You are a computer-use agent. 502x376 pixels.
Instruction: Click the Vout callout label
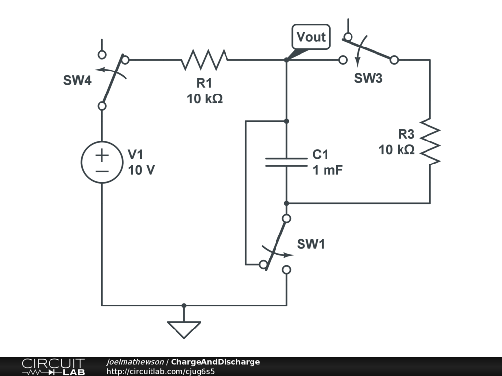[x=311, y=37]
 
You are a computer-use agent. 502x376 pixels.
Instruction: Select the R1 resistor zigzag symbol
[x=204, y=59]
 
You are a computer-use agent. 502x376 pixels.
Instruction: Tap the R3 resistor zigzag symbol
[x=430, y=141]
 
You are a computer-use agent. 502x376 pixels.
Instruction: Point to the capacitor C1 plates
[x=286, y=163]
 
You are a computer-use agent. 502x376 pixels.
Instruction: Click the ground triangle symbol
[x=184, y=329]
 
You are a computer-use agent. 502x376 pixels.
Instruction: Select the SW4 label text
[x=77, y=80]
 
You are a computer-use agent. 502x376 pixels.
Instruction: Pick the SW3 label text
[x=368, y=78]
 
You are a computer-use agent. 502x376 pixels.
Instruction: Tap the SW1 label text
[x=310, y=244]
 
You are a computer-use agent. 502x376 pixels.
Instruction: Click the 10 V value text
[x=141, y=170]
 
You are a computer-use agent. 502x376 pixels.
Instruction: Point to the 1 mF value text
[x=327, y=170]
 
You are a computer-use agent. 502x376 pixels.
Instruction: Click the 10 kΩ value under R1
[x=204, y=99]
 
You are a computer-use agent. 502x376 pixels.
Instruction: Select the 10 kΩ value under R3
[x=397, y=150]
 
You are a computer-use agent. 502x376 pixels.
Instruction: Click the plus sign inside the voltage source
[x=102, y=155]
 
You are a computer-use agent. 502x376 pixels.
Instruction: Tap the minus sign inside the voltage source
[x=102, y=172]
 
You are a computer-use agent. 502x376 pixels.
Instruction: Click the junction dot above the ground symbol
[x=184, y=305]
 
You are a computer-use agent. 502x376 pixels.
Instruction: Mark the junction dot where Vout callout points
[x=286, y=60]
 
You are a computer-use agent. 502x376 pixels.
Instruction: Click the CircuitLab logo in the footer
[x=53, y=367]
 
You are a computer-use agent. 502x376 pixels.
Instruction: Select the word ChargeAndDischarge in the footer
[x=216, y=362]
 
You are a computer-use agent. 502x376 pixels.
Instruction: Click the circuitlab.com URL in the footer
[x=161, y=371]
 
